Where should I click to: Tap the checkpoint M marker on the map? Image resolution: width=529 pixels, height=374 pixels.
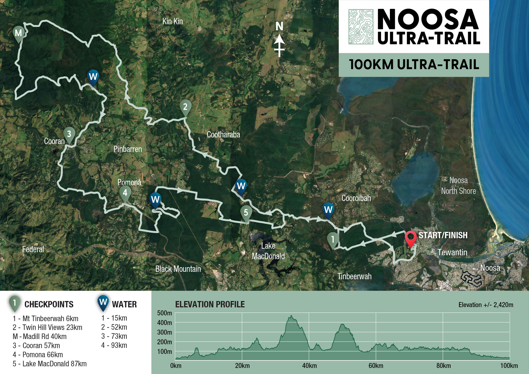click(x=18, y=34)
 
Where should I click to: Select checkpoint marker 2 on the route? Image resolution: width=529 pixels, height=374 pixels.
click(x=185, y=107)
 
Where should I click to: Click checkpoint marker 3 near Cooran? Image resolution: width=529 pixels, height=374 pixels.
click(x=69, y=134)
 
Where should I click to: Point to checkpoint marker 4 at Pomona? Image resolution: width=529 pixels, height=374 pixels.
click(x=125, y=193)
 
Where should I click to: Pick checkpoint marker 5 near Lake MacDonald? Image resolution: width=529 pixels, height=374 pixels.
click(x=246, y=213)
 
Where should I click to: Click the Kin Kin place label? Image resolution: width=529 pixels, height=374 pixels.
click(x=172, y=21)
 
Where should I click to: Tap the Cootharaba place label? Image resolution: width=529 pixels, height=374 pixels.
click(x=223, y=135)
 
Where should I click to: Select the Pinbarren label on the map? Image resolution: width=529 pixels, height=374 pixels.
click(x=128, y=149)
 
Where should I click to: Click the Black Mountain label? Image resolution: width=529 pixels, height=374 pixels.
click(x=178, y=269)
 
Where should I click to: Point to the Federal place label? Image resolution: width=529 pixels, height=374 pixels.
click(x=33, y=250)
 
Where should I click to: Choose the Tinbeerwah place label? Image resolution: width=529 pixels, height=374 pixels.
click(x=354, y=276)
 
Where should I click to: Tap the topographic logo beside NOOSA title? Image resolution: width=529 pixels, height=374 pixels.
click(x=361, y=27)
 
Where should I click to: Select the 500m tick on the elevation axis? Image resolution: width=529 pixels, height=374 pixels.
click(x=164, y=313)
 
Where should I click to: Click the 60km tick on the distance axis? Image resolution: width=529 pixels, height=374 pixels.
click(x=376, y=366)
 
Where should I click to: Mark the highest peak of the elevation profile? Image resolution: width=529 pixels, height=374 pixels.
click(x=291, y=316)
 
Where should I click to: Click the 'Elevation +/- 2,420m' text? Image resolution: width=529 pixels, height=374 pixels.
click(x=486, y=305)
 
